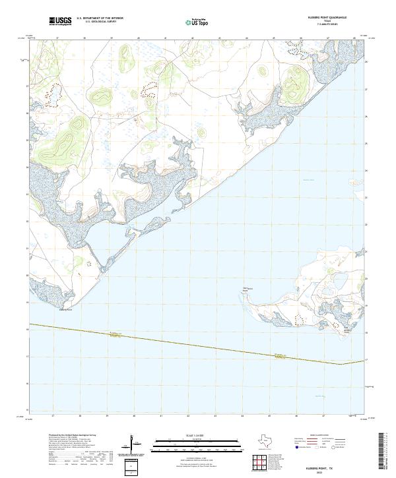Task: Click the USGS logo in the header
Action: point(60,21)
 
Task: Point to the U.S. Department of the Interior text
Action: point(100,18)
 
